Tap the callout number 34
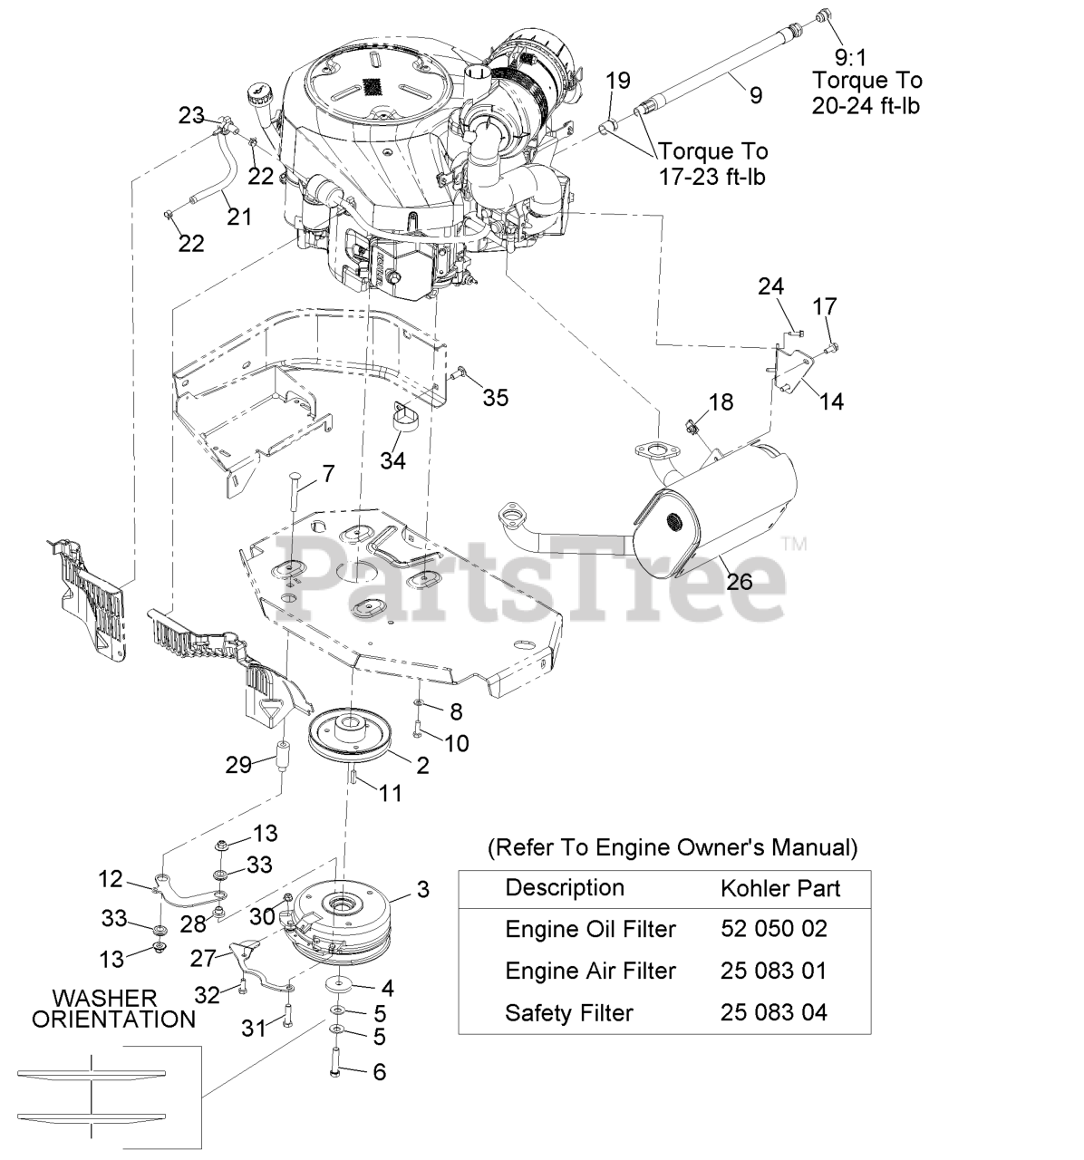click(392, 460)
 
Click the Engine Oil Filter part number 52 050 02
click(774, 929)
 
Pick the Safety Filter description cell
click(568, 1012)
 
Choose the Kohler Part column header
click(780, 888)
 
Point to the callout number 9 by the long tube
click(756, 94)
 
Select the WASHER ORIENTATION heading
click(114, 1008)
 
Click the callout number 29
click(238, 765)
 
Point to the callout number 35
click(496, 398)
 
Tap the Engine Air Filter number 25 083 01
click(774, 971)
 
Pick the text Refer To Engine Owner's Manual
click(672, 847)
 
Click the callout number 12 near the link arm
click(110, 878)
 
